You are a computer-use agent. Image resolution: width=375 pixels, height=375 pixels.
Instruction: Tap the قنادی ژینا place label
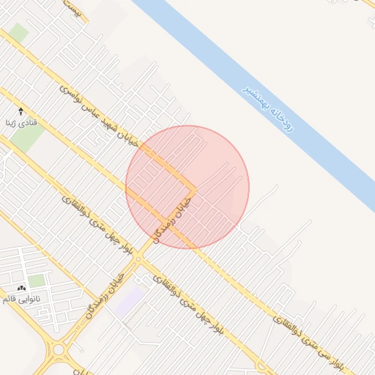pyautogui.click(x=21, y=122)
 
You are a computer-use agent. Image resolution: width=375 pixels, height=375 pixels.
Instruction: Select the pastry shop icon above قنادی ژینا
pyautogui.click(x=21, y=111)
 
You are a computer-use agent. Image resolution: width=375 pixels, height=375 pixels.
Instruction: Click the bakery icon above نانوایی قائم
pyautogui.click(x=21, y=288)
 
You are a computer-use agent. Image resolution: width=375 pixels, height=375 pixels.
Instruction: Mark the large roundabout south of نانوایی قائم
pyautogui.click(x=59, y=349)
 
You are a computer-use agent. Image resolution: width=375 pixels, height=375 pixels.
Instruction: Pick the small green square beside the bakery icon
pyautogui.click(x=37, y=281)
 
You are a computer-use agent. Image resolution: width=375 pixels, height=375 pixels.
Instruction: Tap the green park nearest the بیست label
pyautogui.click(x=19, y=33)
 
